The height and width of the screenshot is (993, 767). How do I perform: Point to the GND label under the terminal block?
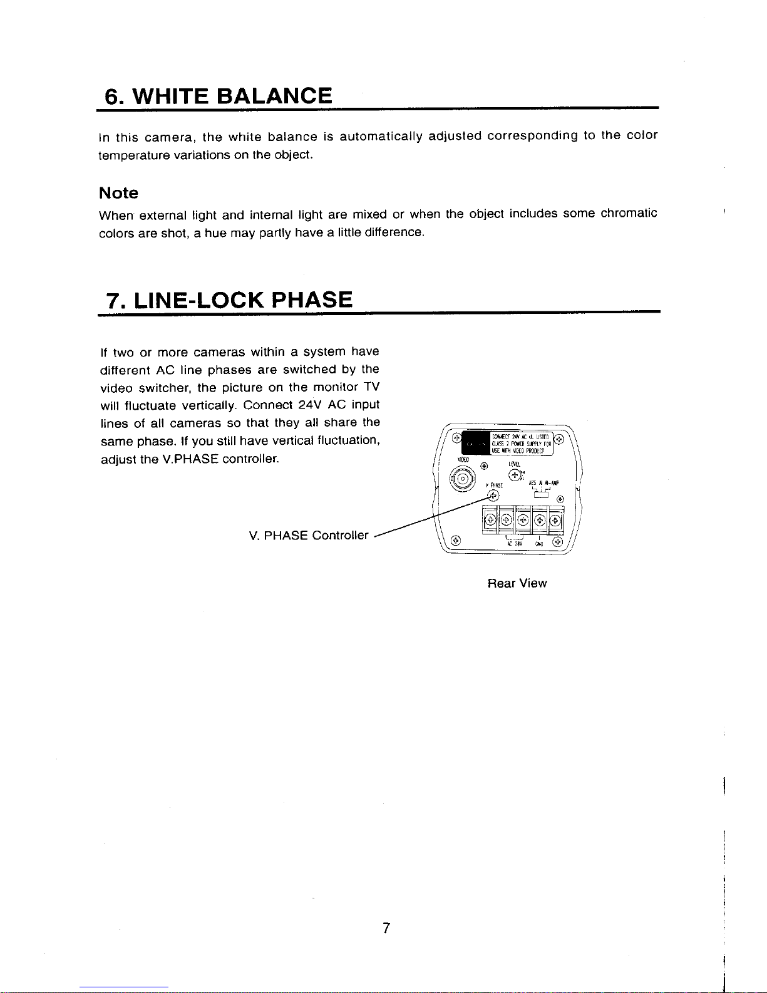[x=538, y=543]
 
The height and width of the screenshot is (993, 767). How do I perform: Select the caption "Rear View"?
[x=517, y=583]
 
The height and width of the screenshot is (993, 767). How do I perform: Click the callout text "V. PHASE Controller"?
[x=308, y=536]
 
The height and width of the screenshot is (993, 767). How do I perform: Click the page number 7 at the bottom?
[x=386, y=928]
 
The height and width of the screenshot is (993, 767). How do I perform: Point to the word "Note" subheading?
[x=118, y=193]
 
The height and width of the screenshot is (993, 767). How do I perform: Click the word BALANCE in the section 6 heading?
[x=274, y=96]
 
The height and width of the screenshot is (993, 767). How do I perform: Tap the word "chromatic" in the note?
[x=629, y=214]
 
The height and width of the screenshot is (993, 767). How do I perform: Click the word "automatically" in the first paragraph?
[x=381, y=136]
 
